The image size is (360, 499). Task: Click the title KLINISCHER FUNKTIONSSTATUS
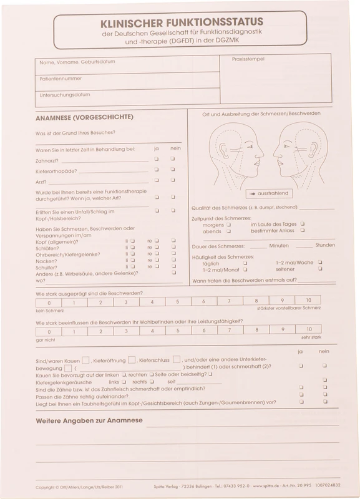coord(180,22)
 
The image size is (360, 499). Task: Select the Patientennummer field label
coord(61,79)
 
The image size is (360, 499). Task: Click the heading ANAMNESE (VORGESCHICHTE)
coord(84,117)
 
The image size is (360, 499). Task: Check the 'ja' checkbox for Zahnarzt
coord(156,158)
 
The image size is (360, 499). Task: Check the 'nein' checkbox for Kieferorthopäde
coord(173,169)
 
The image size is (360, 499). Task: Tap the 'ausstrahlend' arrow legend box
coord(270,193)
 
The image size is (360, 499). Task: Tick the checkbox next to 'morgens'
coord(229,225)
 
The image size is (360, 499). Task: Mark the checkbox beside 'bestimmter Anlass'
coord(302,230)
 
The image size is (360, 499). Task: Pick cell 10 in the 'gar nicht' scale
coord(308,330)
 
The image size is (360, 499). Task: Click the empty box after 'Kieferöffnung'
coord(132,360)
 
